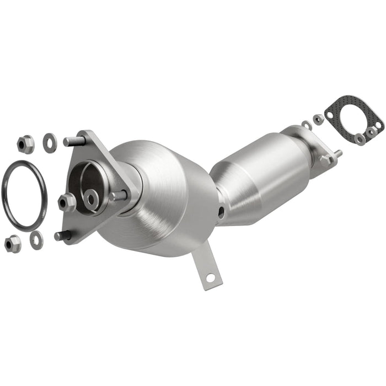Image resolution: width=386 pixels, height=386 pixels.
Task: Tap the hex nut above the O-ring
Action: point(25,144)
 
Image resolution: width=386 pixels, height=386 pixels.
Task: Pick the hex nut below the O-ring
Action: point(12,243)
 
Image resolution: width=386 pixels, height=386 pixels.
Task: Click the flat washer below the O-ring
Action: point(37,238)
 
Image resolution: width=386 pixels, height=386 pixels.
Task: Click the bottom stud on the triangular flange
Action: point(62,235)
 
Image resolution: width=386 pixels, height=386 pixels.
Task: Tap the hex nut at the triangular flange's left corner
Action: point(67,201)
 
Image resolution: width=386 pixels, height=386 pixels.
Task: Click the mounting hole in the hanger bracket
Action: point(209,279)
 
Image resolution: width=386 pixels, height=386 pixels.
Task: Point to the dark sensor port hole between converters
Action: point(221,211)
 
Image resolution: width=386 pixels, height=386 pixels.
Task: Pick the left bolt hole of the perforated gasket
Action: point(330,115)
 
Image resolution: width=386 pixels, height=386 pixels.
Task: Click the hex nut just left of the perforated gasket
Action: point(318,119)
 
